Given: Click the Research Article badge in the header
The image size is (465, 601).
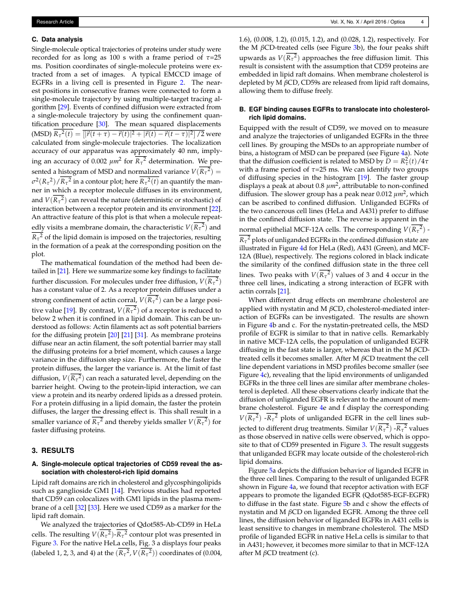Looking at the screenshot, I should point(55,22).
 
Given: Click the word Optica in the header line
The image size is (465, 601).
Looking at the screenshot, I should point(397,22).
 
